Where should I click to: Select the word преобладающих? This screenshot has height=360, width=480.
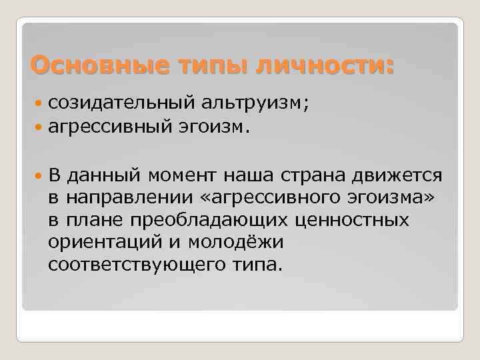[x=202, y=220]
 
